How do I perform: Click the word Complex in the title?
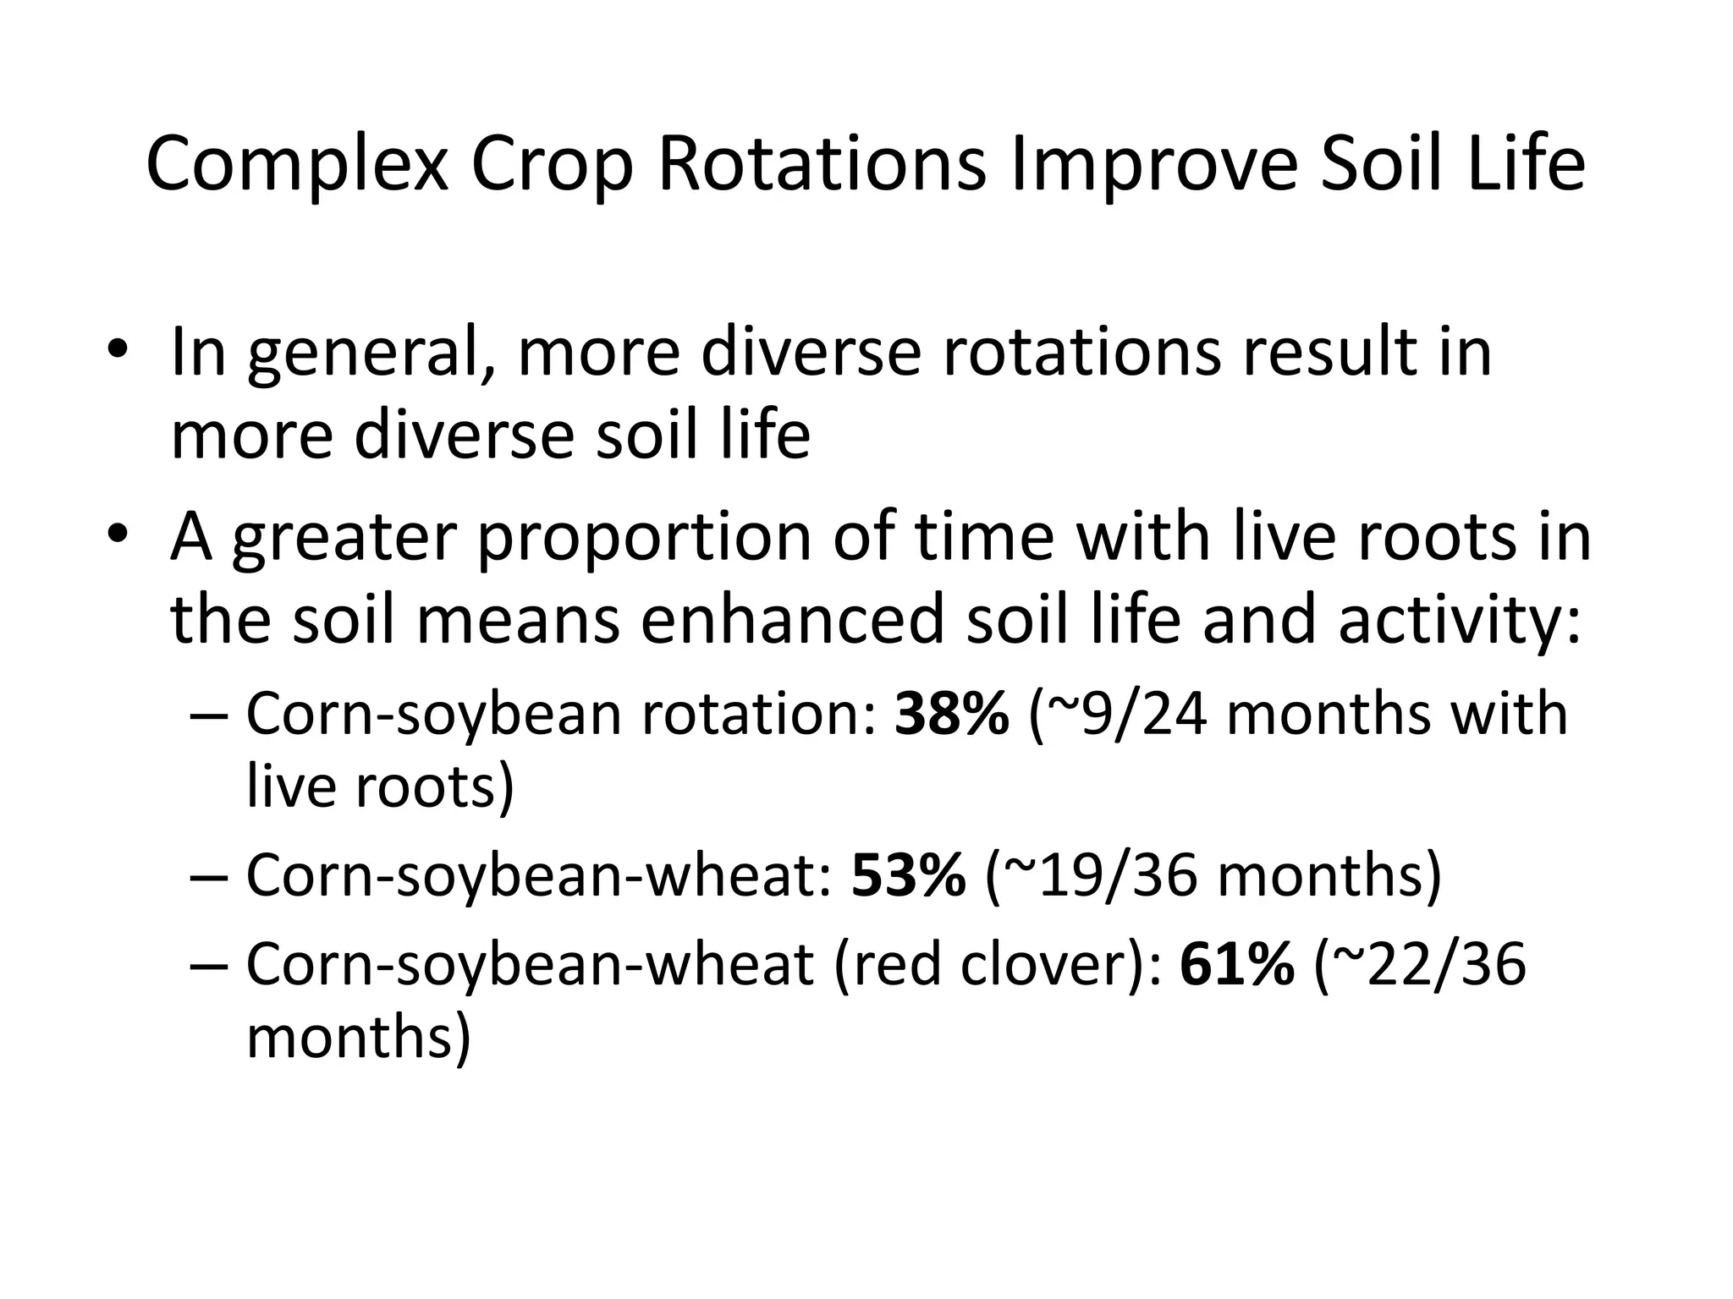click(297, 166)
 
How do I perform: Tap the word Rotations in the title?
click(821, 164)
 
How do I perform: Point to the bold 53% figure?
click(908, 876)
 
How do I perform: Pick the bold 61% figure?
click(1235, 964)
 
